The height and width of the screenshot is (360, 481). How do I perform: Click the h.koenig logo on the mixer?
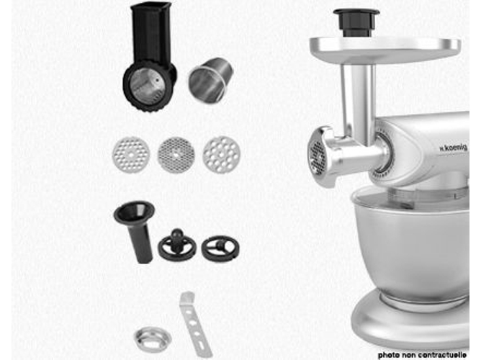(453, 148)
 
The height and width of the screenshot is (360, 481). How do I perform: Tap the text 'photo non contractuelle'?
(422, 355)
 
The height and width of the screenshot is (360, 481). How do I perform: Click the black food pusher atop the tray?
(356, 22)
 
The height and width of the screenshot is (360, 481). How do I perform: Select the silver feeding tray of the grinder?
(385, 49)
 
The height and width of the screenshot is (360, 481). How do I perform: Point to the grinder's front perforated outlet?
(318, 157)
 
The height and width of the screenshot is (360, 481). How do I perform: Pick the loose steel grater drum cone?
(211, 80)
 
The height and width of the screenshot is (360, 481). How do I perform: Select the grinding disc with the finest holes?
(176, 155)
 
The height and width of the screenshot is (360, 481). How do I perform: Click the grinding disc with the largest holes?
(222, 155)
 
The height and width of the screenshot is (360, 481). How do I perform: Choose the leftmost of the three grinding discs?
(131, 155)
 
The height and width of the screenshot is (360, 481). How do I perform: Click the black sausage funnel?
(136, 230)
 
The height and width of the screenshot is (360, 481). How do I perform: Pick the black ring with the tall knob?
(177, 246)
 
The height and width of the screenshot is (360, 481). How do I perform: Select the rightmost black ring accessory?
(220, 248)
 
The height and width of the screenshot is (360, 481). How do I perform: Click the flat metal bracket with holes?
(194, 325)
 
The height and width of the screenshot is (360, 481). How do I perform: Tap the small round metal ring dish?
(153, 339)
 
